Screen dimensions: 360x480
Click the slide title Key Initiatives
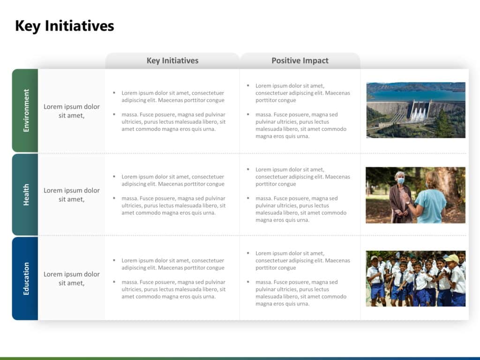coord(64,26)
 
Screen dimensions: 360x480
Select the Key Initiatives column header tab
coord(172,60)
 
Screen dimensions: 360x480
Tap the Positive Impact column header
coord(300,60)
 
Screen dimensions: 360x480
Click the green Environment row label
coord(26,111)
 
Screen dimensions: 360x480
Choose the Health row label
coord(26,195)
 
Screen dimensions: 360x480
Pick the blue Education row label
coord(26,278)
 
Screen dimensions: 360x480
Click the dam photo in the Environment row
coord(415,110)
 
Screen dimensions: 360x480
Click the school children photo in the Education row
coord(415,278)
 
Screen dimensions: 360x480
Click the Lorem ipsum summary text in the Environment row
coord(72,111)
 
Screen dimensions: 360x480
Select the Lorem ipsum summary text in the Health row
coord(72,195)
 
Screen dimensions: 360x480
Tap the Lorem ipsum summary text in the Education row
coord(72,278)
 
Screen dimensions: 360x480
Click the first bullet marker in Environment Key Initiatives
coord(114,93)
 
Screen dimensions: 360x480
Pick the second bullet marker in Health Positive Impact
coord(248,198)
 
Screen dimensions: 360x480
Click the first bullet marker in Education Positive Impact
coord(248,253)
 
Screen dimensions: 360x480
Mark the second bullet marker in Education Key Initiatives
coord(114,282)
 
